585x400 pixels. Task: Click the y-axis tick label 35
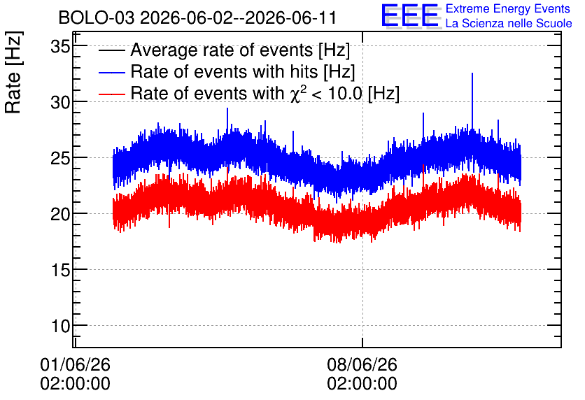coord(60,48)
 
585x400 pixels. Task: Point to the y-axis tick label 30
coord(60,102)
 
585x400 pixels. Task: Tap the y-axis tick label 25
coord(60,159)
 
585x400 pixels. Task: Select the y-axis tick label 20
coord(60,215)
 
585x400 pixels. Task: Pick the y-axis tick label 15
coord(60,270)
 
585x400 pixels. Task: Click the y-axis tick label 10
coord(60,326)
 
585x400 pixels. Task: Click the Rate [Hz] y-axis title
coord(14,72)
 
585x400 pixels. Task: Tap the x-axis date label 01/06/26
coord(75,364)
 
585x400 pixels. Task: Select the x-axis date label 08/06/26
coord(362,364)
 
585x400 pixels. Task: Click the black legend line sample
coord(111,50)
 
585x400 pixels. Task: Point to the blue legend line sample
coord(111,72)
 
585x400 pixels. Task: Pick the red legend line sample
coord(111,94)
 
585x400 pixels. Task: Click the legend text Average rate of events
coord(222,50)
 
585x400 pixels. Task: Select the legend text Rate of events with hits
coord(224,71)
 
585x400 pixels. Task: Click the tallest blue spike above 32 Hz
coord(472,73)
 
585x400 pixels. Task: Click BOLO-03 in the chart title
coord(97,18)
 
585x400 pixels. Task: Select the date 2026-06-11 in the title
coord(291,18)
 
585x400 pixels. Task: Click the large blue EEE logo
coord(411,15)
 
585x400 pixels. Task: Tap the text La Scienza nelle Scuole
coord(509,24)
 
